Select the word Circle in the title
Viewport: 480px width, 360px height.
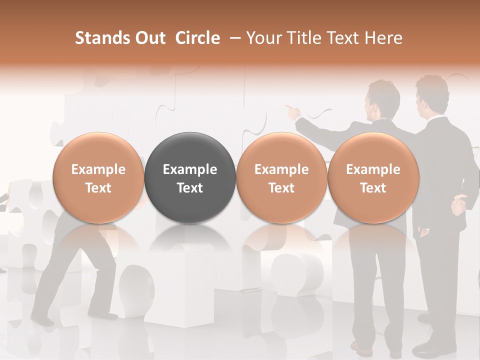(x=197, y=38)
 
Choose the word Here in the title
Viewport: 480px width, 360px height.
(x=383, y=38)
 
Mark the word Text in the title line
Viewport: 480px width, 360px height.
(x=343, y=38)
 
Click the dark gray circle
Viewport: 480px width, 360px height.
(x=190, y=177)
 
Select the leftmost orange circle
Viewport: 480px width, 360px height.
(x=98, y=177)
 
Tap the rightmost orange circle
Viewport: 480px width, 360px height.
(x=373, y=177)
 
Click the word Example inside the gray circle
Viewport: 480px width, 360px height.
(x=190, y=169)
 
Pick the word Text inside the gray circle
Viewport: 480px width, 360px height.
(x=190, y=188)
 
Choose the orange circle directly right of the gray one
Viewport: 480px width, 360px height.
(x=281, y=177)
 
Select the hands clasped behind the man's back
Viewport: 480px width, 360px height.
(x=458, y=205)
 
